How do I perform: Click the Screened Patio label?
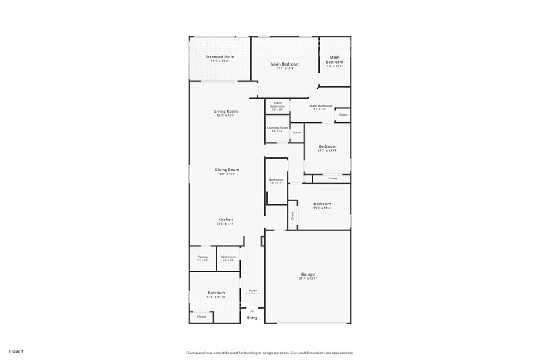pos(219,56)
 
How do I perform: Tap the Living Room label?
pos(225,111)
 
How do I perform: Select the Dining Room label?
pos(227,170)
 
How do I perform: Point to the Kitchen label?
pos(225,219)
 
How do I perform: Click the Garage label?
pos(307,274)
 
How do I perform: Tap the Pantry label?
pos(203,257)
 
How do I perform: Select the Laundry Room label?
pos(277,127)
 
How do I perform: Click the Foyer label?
pos(252,290)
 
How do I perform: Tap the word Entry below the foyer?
pos(252,317)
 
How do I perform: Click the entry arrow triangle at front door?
pos(252,311)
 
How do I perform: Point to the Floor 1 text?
pos(17,351)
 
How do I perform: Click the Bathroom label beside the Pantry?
pos(228,257)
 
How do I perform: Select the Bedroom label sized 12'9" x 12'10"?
pos(216,293)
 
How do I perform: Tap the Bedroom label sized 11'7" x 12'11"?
pos(328,146)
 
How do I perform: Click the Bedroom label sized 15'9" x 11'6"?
pos(322,204)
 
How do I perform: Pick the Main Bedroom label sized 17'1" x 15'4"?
pos(285,64)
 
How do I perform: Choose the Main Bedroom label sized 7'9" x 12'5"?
pos(334,60)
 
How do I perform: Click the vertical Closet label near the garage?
pos(293,216)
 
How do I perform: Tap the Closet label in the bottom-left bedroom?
pos(201,317)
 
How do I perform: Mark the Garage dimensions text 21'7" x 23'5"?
pos(307,279)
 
